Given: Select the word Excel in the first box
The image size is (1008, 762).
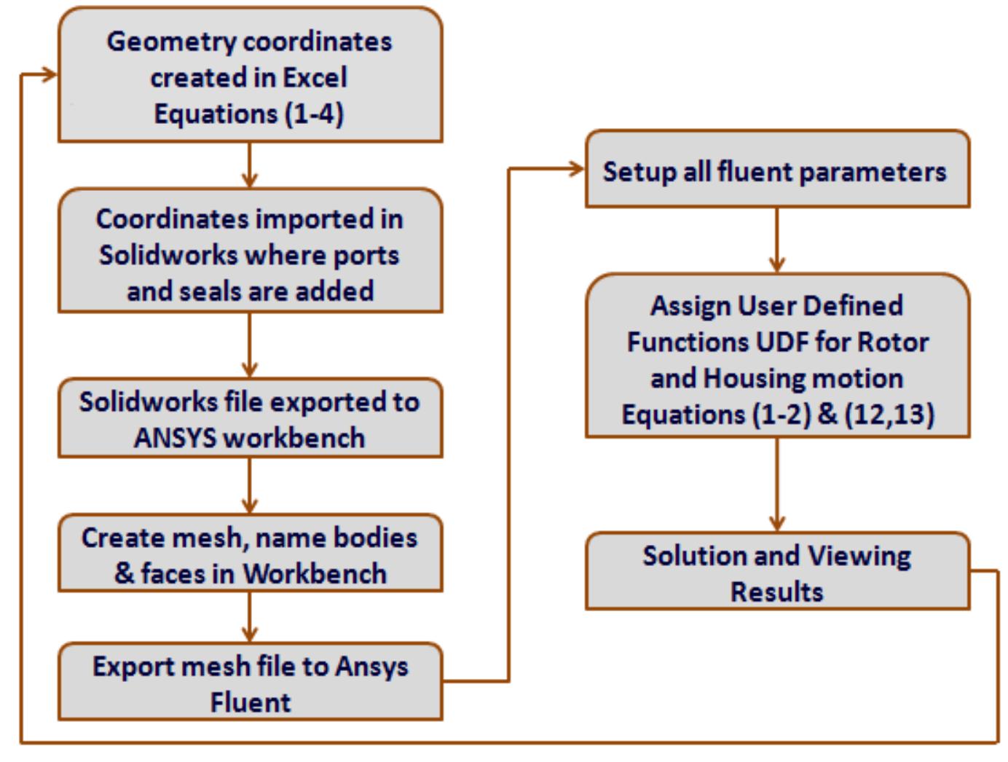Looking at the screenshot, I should coord(315,77).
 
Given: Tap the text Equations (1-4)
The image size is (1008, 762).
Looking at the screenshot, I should coord(248,114).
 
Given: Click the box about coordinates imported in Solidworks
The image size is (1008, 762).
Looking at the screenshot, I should coord(250,251).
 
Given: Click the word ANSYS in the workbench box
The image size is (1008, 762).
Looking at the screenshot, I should coord(175,438).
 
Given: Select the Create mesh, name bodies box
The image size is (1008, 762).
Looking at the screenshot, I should coord(250,552).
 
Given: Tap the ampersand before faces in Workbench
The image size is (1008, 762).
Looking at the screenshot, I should coord(125,573).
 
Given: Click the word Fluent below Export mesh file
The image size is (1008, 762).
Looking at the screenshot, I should coord(250,702).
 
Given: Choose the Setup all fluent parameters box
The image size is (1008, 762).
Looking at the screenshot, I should coord(777,169).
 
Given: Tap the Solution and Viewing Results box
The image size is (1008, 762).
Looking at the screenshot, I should coord(777,571).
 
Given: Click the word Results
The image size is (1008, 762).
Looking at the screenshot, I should coord(776,592).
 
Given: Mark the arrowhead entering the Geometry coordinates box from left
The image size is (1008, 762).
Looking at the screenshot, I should coord(50,74).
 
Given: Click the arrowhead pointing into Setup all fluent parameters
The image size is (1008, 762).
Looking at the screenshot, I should coord(577,169).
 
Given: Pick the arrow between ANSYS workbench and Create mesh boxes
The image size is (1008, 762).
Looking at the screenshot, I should coord(250,486).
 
